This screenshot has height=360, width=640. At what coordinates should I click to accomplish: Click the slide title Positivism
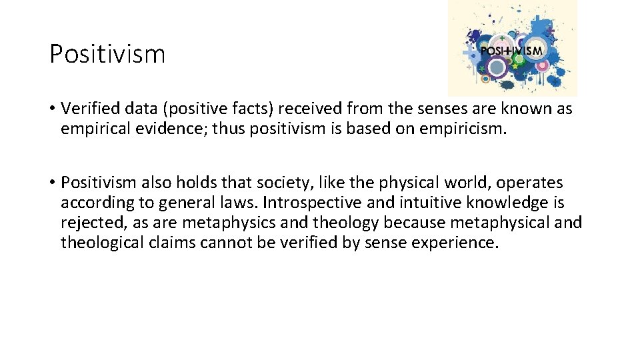pos(107,54)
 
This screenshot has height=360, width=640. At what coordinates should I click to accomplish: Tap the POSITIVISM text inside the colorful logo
pos(512,51)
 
